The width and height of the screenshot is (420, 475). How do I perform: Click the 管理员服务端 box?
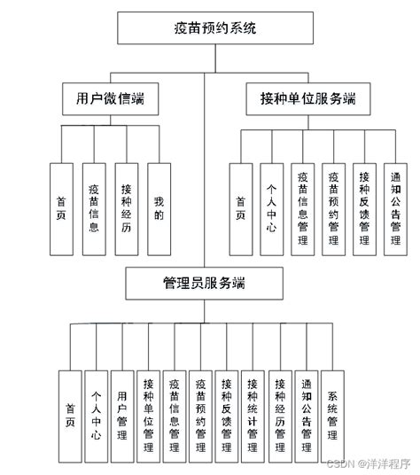pyautogui.click(x=204, y=284)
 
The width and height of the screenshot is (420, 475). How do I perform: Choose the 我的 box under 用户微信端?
pyautogui.click(x=159, y=209)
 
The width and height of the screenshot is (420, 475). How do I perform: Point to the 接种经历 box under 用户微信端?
pyautogui.click(x=126, y=209)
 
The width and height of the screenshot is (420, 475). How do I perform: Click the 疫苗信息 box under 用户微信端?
pyautogui.click(x=94, y=209)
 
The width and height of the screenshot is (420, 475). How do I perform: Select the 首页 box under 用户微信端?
pyautogui.click(x=61, y=209)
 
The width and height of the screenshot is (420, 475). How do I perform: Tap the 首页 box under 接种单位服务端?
pyautogui.click(x=240, y=209)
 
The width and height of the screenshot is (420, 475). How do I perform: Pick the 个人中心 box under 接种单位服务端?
pyautogui.click(x=271, y=209)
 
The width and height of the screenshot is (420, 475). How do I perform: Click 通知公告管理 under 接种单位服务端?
pyautogui.click(x=395, y=209)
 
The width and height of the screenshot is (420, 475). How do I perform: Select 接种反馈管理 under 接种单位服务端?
pyautogui.click(x=364, y=209)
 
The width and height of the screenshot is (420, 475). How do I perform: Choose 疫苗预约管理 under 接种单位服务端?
pyautogui.click(x=333, y=209)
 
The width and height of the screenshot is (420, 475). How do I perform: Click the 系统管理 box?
pyautogui.click(x=332, y=416)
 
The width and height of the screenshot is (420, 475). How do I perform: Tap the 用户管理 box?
pyautogui.click(x=121, y=416)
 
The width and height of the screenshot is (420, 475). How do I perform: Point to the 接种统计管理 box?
pyautogui.click(x=253, y=416)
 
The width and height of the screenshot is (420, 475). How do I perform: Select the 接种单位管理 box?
pyautogui.click(x=148, y=416)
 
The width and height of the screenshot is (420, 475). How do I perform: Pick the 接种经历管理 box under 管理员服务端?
pyautogui.click(x=280, y=416)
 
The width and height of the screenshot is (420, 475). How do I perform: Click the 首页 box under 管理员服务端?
pyautogui.click(x=69, y=416)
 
